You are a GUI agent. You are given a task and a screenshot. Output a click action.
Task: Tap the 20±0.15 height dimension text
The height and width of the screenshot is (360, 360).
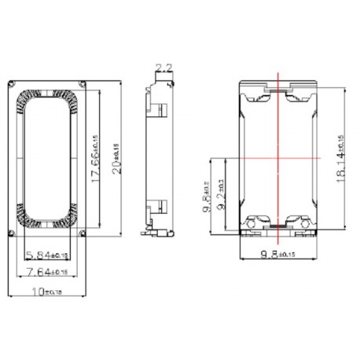point(116,157)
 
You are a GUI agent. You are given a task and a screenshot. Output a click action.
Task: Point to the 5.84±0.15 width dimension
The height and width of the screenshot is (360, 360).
point(47,255)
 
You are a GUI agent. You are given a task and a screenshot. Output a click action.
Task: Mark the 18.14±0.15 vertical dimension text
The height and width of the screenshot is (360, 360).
point(340,158)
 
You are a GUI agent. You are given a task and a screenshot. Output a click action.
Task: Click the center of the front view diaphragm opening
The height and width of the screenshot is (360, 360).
point(48,157)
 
